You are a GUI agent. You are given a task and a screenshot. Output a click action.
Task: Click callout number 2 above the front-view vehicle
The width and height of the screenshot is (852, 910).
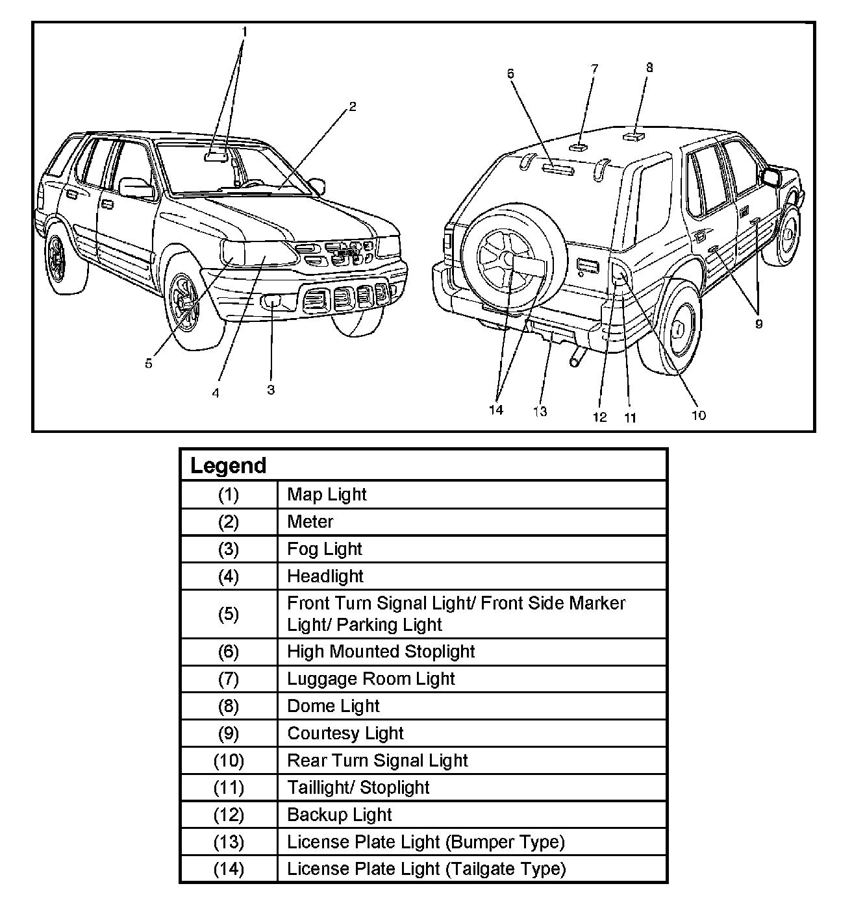[353, 107]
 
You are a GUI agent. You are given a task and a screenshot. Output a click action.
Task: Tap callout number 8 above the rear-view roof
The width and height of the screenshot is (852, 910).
[649, 68]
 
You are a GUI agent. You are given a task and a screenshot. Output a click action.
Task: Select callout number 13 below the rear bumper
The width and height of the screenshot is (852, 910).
[540, 412]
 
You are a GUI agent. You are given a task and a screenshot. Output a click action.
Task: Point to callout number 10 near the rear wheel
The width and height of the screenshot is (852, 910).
[698, 415]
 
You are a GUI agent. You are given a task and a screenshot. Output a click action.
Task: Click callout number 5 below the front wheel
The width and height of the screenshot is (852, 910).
[149, 364]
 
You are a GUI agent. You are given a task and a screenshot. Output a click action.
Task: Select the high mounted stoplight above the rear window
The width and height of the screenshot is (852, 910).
[558, 170]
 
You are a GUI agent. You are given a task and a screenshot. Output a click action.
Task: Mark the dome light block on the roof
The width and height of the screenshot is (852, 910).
[633, 136]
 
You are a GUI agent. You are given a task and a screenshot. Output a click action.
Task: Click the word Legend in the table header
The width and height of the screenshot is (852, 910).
[228, 465]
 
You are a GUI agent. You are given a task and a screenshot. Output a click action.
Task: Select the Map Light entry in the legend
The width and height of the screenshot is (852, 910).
[327, 495]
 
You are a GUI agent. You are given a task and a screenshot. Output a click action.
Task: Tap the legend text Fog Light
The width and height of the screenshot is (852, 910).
[325, 549]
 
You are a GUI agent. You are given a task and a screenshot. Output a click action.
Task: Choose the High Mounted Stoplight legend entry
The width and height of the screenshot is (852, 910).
[381, 652]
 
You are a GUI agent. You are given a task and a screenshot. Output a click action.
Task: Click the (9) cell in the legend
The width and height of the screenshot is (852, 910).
[228, 733]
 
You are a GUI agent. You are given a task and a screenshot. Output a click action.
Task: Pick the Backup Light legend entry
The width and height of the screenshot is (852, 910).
[340, 815]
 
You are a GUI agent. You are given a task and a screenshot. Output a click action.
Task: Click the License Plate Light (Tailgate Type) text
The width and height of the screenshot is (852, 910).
[427, 869]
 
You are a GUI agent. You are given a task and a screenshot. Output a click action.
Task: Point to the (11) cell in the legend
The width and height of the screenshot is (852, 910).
[228, 788]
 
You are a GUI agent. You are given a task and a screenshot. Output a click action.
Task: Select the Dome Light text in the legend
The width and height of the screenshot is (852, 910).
[333, 706]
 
